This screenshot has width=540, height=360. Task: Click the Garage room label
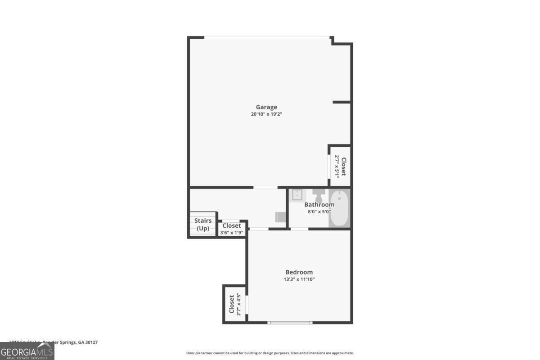(266, 107)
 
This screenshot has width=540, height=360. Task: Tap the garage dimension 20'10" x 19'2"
(266, 114)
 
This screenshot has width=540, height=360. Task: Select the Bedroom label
(299, 272)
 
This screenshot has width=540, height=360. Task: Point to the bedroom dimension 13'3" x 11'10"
(299, 279)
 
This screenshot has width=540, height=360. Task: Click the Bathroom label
(319, 205)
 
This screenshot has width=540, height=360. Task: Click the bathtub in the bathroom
(339, 208)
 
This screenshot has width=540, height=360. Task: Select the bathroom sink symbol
(297, 195)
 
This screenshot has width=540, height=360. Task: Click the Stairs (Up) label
(203, 224)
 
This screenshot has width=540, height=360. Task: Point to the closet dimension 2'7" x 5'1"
(337, 166)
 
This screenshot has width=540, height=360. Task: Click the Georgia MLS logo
(27, 351)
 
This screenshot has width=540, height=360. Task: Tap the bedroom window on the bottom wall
(290, 322)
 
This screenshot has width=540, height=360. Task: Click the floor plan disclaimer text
(270, 353)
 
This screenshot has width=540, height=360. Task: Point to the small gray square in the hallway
(280, 217)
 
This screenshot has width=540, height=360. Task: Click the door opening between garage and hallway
(265, 187)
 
